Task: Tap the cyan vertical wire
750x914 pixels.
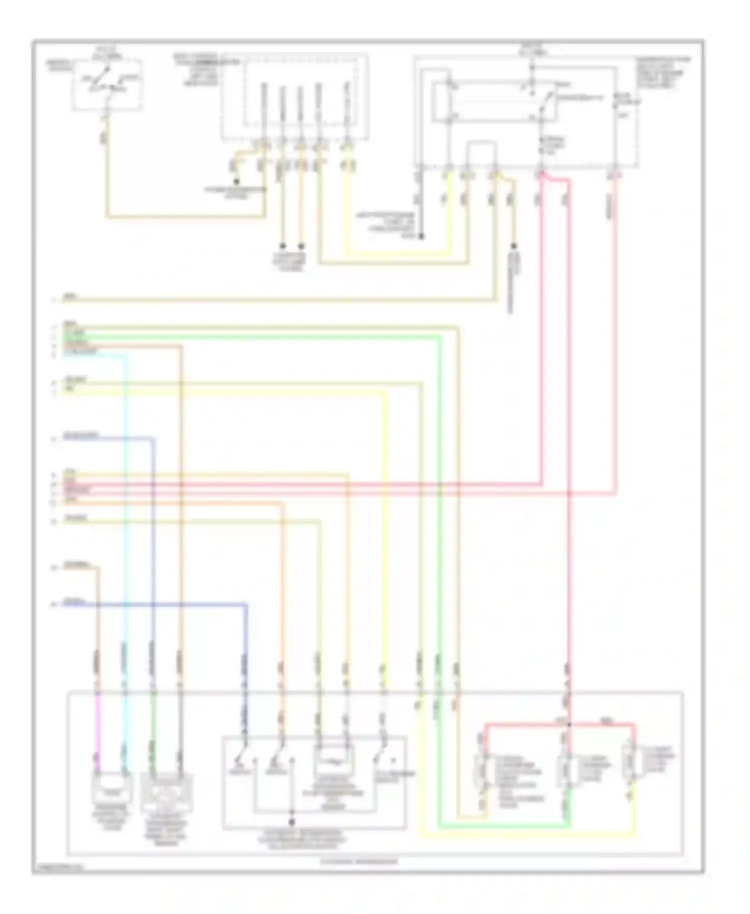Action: click(x=125, y=500)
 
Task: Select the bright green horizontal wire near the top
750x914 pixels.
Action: click(x=250, y=337)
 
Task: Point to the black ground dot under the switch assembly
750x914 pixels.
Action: click(x=292, y=821)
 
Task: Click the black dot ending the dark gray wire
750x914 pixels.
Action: click(x=421, y=236)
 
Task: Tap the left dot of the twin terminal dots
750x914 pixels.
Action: click(x=282, y=246)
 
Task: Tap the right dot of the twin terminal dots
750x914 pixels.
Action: click(x=301, y=246)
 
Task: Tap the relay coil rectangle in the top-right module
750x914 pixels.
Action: click(x=442, y=102)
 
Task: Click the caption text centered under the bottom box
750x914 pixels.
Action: click(x=359, y=861)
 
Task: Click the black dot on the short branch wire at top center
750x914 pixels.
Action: click(x=236, y=181)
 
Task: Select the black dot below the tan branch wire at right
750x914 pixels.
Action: click(x=513, y=246)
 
